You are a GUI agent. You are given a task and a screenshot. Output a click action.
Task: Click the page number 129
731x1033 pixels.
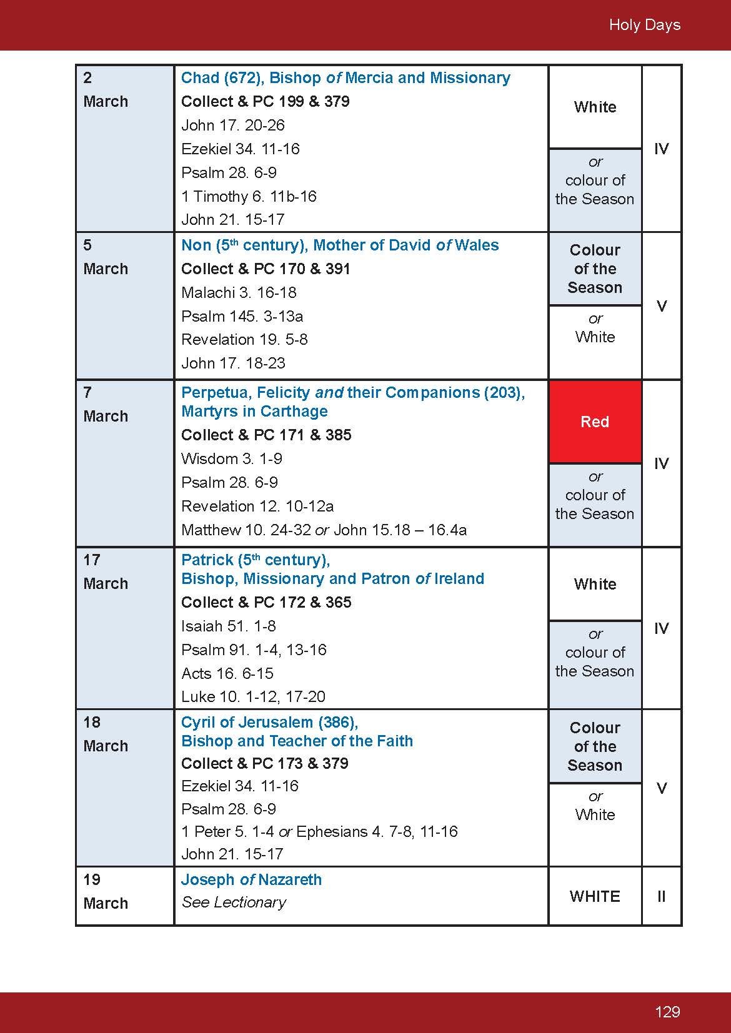click(x=667, y=1011)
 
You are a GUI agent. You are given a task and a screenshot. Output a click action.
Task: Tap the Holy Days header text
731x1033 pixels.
click(x=644, y=25)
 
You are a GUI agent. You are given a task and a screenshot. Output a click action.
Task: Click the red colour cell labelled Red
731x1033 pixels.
click(x=595, y=422)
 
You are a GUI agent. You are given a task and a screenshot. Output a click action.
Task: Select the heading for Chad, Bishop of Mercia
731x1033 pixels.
click(x=345, y=78)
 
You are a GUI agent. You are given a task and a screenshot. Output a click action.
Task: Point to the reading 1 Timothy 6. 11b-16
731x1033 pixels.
click(x=249, y=196)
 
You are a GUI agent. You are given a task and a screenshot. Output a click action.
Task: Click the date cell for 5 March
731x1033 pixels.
click(x=124, y=305)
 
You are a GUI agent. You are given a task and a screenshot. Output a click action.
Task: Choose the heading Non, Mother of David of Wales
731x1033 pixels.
click(x=340, y=245)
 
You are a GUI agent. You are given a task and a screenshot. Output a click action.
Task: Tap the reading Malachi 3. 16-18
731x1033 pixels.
click(x=239, y=292)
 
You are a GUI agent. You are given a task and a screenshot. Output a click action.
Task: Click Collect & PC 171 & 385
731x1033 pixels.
click(x=266, y=435)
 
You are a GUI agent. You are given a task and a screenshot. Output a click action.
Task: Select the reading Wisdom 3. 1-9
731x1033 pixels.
click(x=231, y=458)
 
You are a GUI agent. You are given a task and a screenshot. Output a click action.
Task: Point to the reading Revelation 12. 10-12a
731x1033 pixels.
click(x=257, y=506)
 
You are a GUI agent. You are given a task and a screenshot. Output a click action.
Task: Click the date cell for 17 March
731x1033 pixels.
click(x=124, y=627)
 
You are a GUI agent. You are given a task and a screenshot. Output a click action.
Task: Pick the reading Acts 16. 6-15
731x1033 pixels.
click(x=227, y=673)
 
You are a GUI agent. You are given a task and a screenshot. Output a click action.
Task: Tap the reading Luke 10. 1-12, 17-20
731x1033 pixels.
click(x=253, y=696)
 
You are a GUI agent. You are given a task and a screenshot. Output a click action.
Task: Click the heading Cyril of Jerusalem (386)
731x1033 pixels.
click(x=269, y=723)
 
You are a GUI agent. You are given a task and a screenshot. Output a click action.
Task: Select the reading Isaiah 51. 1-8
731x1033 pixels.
click(x=228, y=626)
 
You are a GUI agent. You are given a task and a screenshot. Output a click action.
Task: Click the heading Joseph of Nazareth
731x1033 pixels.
click(x=251, y=880)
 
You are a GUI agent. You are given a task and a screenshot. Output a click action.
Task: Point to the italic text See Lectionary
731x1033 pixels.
click(x=234, y=902)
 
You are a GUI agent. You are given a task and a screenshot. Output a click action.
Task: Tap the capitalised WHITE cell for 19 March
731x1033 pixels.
click(x=595, y=896)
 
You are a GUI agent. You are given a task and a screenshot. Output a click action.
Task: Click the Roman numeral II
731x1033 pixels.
click(x=661, y=896)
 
